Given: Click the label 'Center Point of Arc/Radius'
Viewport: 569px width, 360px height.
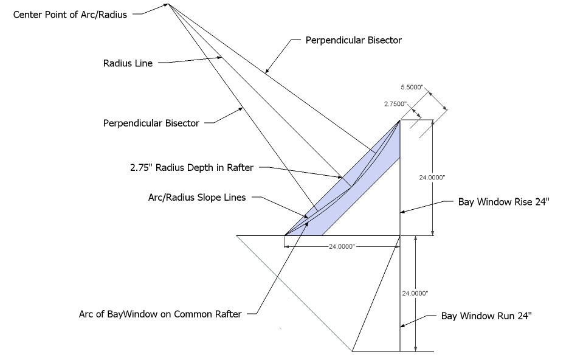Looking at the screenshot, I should click(70, 15).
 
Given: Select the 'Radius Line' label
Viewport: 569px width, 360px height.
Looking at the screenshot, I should click(128, 62).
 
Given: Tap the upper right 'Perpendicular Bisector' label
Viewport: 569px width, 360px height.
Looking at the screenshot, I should click(353, 40).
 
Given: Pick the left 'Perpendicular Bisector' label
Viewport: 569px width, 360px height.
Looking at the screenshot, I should click(151, 123).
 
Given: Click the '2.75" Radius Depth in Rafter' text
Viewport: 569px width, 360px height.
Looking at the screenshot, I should click(191, 167).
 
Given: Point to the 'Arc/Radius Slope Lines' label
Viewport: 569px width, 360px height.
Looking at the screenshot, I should click(196, 198).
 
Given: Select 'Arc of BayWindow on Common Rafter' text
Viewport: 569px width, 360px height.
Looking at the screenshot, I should click(160, 314).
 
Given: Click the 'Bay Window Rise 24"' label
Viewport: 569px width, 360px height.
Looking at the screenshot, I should click(504, 202).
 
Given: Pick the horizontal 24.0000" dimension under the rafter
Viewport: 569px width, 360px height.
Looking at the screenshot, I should click(342, 246).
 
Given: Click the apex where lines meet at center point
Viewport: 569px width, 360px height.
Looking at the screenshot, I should click(168, 4).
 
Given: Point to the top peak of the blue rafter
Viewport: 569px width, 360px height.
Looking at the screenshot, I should click(400, 120).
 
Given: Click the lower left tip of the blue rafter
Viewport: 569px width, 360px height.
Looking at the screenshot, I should click(284, 235).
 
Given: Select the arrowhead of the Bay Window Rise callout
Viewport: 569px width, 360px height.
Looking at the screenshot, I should click(402, 212).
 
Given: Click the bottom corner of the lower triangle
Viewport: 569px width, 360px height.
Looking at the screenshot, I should click(353, 351).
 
